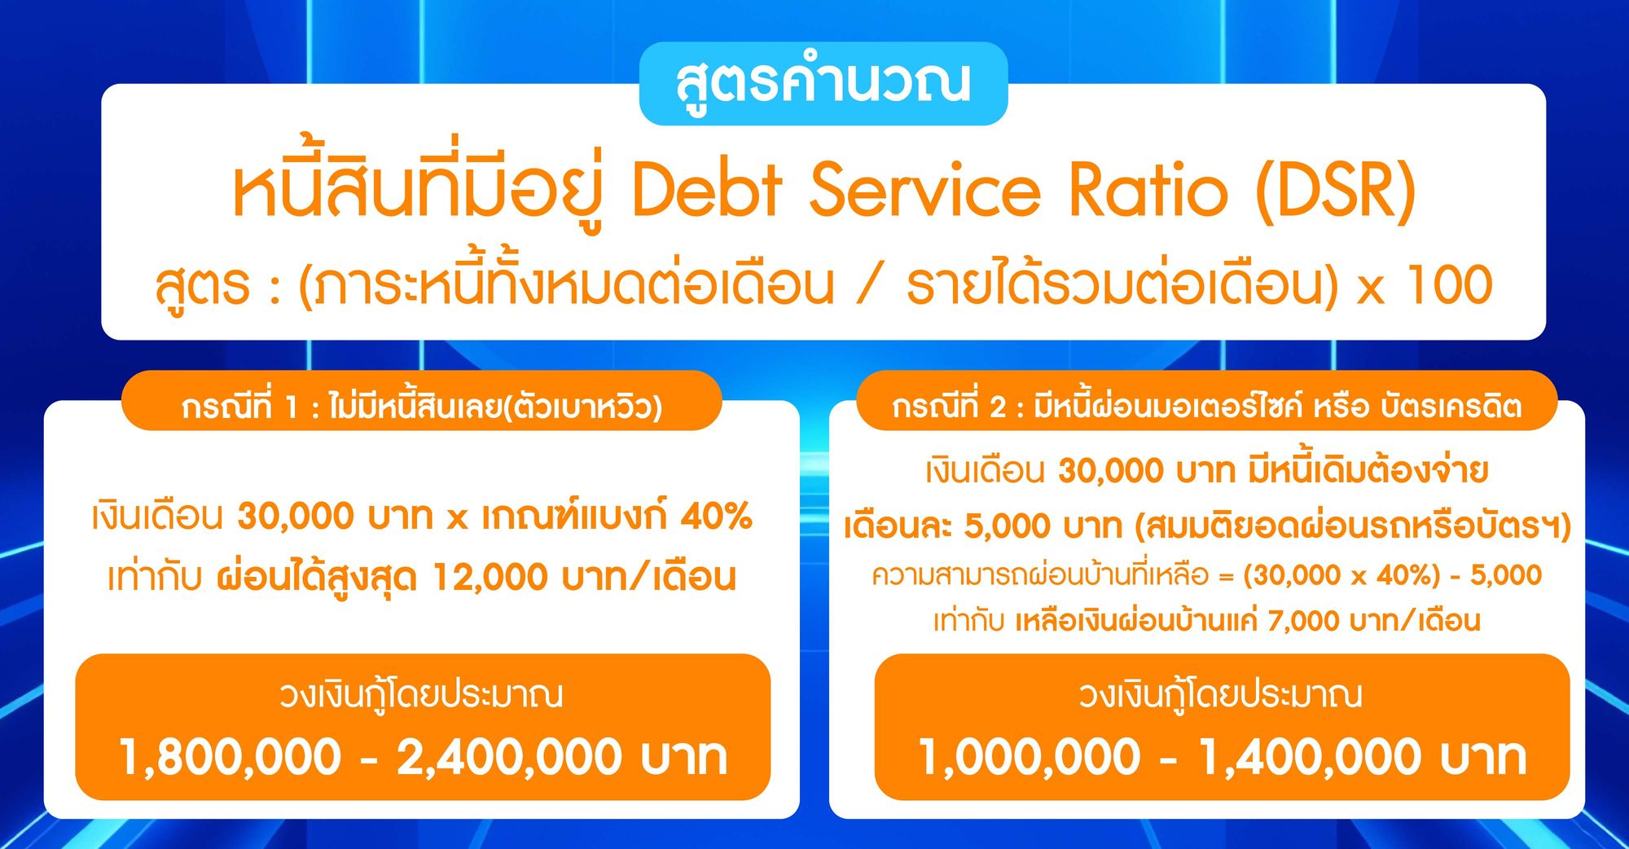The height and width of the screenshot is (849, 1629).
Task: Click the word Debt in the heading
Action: pos(707,191)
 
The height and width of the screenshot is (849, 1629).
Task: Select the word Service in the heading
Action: pos(925,191)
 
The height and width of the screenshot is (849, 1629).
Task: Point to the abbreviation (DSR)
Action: pos(1336,191)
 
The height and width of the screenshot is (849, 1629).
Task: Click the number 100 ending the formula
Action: pos(1450,285)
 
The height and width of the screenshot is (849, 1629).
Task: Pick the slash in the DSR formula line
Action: pos(870,285)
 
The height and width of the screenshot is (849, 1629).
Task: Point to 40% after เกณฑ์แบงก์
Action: pos(716,517)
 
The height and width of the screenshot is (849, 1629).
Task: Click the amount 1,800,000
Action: pos(231,757)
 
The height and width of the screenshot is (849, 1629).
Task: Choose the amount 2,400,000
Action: pos(510,757)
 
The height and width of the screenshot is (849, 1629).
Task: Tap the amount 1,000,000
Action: pos(1030,757)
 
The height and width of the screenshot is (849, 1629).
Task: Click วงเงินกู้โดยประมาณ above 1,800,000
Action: pos(421,695)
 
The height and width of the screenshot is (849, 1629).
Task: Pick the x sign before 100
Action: pos(1370,288)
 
